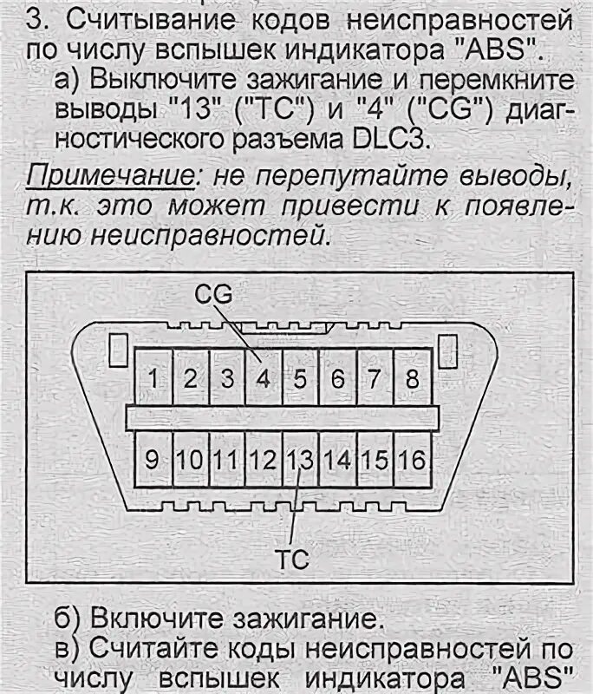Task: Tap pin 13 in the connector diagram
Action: [300, 459]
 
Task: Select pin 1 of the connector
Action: [153, 378]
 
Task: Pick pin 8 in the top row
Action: [413, 378]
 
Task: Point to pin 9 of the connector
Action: [153, 459]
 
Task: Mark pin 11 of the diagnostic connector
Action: [227, 459]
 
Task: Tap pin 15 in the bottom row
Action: [375, 459]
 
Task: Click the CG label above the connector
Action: [213, 296]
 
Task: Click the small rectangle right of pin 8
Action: [447, 350]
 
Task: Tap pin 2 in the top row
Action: [191, 378]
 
